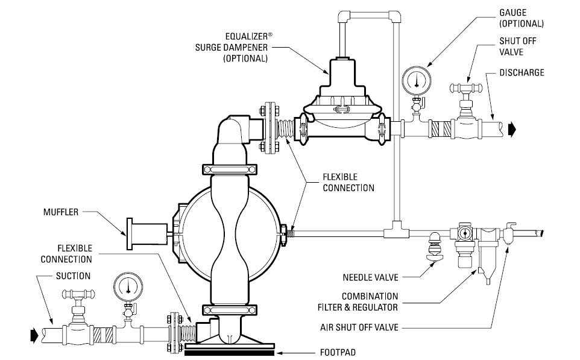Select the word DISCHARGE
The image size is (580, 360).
(x=522, y=73)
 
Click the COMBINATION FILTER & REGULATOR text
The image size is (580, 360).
(x=370, y=302)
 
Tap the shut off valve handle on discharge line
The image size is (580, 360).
(x=465, y=87)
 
